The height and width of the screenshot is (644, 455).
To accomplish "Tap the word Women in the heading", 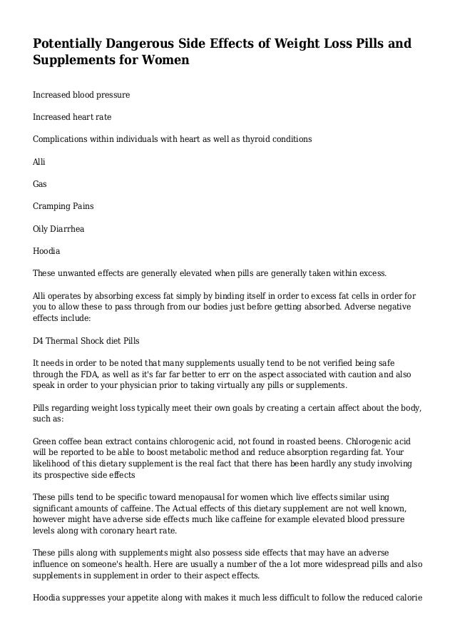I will (169, 61).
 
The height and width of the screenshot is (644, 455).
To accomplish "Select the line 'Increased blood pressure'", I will (81, 94).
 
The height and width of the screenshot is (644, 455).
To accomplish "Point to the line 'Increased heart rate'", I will (72, 116).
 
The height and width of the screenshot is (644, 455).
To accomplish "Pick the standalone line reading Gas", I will (40, 183).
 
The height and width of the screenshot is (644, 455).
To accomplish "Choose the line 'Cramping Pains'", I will (63, 205).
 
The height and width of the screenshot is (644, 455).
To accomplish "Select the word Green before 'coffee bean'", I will (46, 441).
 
